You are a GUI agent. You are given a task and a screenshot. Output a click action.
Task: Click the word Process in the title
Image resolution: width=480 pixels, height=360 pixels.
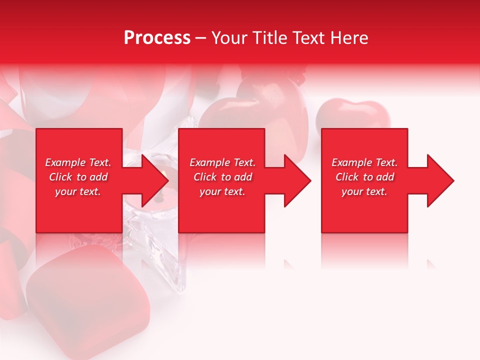[x=157, y=38]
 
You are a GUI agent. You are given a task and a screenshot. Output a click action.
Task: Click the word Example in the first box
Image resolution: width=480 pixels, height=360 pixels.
[x=65, y=162]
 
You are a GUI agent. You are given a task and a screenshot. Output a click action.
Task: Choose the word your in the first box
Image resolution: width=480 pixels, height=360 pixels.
[x=65, y=191]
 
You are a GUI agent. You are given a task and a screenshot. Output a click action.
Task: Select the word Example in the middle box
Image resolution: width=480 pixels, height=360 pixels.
[x=209, y=162]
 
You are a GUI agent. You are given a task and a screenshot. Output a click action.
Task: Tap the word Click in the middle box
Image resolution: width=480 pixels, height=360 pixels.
[x=205, y=177]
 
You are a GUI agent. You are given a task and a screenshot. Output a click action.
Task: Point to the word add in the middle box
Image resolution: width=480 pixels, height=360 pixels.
[x=243, y=177]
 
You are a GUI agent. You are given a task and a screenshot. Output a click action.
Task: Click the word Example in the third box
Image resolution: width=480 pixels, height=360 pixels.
[x=351, y=162]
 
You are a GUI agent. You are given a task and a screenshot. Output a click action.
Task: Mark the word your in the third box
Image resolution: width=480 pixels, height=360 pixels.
[x=351, y=191]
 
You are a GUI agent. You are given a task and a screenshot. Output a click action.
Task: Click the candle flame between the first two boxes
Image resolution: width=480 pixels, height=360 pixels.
[x=164, y=174]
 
